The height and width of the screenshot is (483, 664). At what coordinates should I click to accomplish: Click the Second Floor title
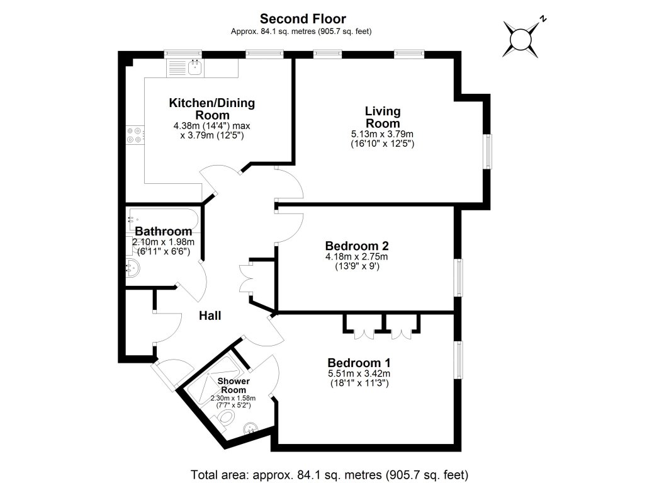(x=303, y=20)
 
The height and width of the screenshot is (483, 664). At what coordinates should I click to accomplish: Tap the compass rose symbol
(x=522, y=39)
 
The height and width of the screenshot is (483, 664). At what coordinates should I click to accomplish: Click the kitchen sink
(x=194, y=67)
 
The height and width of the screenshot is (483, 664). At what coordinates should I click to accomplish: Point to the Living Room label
(x=382, y=117)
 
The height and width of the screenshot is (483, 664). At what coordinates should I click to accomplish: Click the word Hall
(x=210, y=315)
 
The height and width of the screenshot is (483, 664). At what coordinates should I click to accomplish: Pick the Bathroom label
(x=163, y=231)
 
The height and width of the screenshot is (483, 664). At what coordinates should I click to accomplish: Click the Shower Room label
(x=234, y=385)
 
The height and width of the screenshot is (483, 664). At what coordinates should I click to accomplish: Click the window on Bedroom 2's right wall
(x=459, y=277)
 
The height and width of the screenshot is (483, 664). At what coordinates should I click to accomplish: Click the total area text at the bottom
(x=330, y=473)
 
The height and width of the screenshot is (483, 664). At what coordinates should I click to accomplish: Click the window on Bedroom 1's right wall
(x=459, y=361)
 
